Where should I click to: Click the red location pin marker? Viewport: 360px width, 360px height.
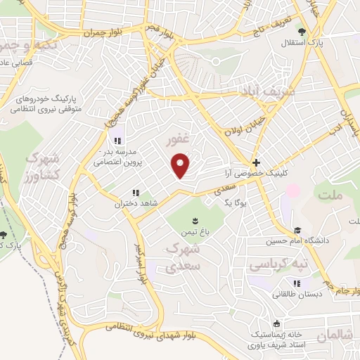point(181,166)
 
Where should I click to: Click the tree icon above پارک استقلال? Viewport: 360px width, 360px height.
point(302,32)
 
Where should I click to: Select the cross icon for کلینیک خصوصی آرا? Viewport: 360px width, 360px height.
point(257,162)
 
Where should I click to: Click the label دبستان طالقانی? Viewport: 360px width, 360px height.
point(297,294)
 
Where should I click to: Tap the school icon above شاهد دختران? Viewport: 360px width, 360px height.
point(135,193)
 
